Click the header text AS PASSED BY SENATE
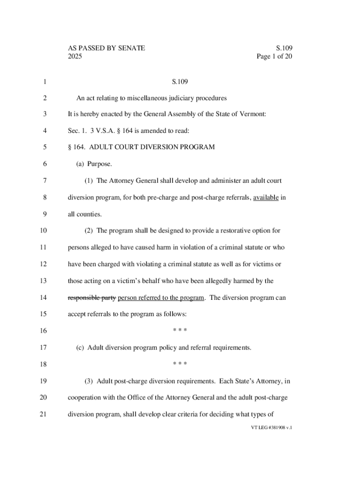[x=107, y=48]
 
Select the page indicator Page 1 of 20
[x=274, y=57]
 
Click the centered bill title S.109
[x=180, y=82]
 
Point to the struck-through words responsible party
[x=92, y=298]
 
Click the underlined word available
[x=266, y=197]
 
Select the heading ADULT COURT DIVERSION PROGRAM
[x=152, y=147]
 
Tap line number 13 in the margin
[x=43, y=281]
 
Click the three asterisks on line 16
[x=180, y=331]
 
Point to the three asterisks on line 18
[x=180, y=364]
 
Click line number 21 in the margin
[x=43, y=414]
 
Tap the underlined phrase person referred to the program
[x=161, y=298]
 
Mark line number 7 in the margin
[x=44, y=181]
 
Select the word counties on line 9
[x=88, y=214]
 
